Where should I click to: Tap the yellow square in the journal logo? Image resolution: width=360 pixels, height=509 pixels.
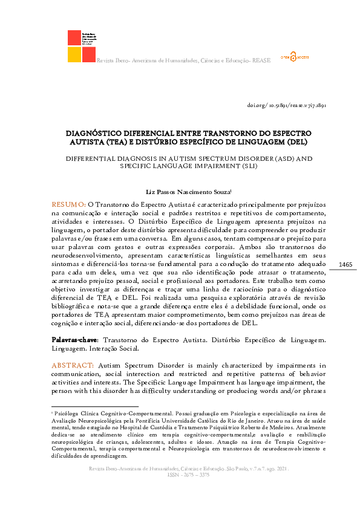click(x=74, y=54)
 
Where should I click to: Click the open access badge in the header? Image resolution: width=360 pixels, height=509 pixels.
click(x=295, y=57)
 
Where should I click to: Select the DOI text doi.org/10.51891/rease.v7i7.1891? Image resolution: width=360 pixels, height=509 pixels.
click(x=287, y=105)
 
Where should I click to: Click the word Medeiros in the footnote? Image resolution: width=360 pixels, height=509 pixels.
click(x=292, y=426)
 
